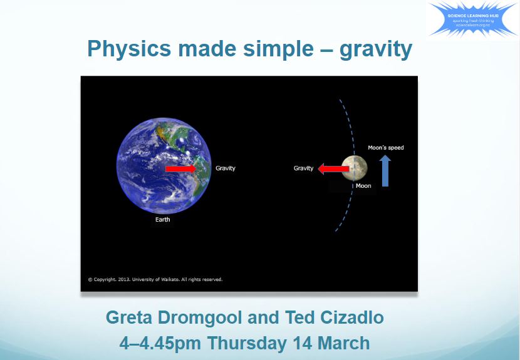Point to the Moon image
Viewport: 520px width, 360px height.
click(x=355, y=168)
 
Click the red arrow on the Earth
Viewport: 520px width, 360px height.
click(x=181, y=169)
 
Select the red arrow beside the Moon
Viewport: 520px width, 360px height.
click(x=333, y=168)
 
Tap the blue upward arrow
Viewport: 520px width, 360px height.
click(x=385, y=171)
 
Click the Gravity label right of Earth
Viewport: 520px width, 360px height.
click(x=226, y=168)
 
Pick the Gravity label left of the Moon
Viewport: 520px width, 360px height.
click(x=303, y=168)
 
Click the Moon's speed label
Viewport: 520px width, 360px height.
click(x=386, y=148)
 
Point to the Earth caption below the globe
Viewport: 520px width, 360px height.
click(x=163, y=220)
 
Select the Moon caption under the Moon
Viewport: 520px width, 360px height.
click(x=363, y=186)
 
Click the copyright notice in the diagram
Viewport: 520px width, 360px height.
click(x=155, y=279)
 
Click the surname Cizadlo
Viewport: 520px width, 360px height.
click(x=352, y=318)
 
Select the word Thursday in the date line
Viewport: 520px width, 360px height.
click(x=251, y=343)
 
